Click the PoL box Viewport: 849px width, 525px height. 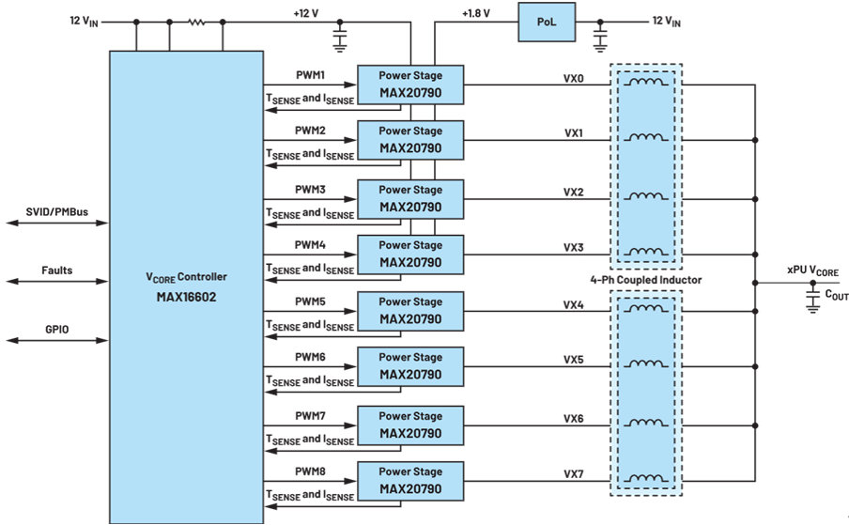coord(547,23)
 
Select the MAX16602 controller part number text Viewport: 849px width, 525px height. coord(186,297)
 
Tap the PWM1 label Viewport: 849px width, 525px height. coord(310,75)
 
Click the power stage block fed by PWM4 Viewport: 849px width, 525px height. coord(410,255)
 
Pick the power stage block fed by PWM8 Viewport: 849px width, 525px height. coord(410,481)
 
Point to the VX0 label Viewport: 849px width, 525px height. coord(574,79)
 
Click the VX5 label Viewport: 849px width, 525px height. coord(574,360)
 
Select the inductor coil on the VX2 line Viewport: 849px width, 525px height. coord(646,195)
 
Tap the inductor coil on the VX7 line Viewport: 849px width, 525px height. coord(646,478)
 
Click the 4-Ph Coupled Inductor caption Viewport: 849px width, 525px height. coord(646,280)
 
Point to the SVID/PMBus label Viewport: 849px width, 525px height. coord(57,211)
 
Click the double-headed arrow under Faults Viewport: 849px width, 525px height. coord(57,282)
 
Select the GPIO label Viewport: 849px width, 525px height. coord(57,329)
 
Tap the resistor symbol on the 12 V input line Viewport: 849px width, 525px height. coord(196,23)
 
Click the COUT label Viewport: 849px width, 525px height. coord(837,295)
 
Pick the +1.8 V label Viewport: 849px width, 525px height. coord(476,13)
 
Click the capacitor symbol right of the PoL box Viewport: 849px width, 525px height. coord(600,38)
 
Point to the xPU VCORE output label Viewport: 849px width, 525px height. coord(812,270)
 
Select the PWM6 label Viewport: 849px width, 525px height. coord(310,357)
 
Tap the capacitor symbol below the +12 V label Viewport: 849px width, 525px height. coord(339,38)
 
